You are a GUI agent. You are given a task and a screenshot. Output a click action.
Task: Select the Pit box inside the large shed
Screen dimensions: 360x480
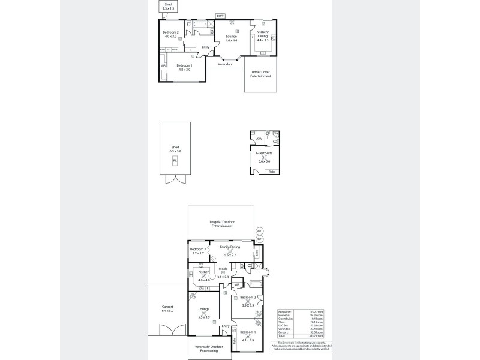click(x=175, y=161)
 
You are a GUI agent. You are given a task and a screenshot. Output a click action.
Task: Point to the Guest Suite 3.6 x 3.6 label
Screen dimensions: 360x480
click(x=265, y=160)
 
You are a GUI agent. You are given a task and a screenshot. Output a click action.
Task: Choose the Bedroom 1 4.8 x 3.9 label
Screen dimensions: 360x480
click(x=184, y=68)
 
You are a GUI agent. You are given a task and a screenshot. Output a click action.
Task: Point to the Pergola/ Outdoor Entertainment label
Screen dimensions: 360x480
click(x=221, y=224)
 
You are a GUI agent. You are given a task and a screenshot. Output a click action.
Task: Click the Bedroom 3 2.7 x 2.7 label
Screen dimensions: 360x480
click(x=198, y=251)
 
